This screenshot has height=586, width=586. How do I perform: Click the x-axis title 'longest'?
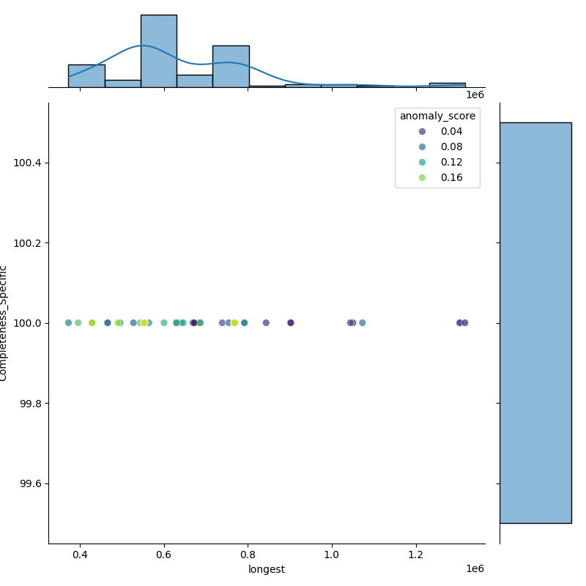266,569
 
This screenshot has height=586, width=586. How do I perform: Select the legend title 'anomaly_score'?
437,116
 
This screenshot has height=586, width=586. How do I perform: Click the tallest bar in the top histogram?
158,51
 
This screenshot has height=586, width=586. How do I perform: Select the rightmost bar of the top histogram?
447,85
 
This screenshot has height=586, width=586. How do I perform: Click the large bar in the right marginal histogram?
535,322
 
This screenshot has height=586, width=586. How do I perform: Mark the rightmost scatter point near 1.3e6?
464,323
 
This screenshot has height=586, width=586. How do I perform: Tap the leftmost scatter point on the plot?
68,323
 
